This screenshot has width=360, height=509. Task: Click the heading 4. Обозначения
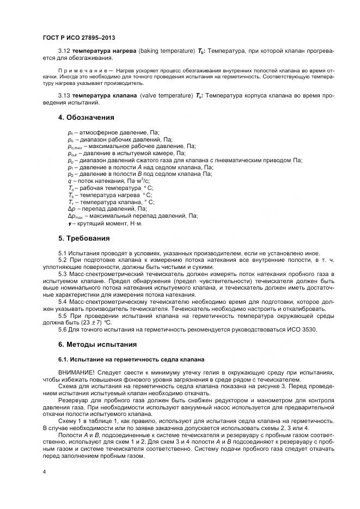[x=86, y=117]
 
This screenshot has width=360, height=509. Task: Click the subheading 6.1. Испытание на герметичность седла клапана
[x=131, y=359]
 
